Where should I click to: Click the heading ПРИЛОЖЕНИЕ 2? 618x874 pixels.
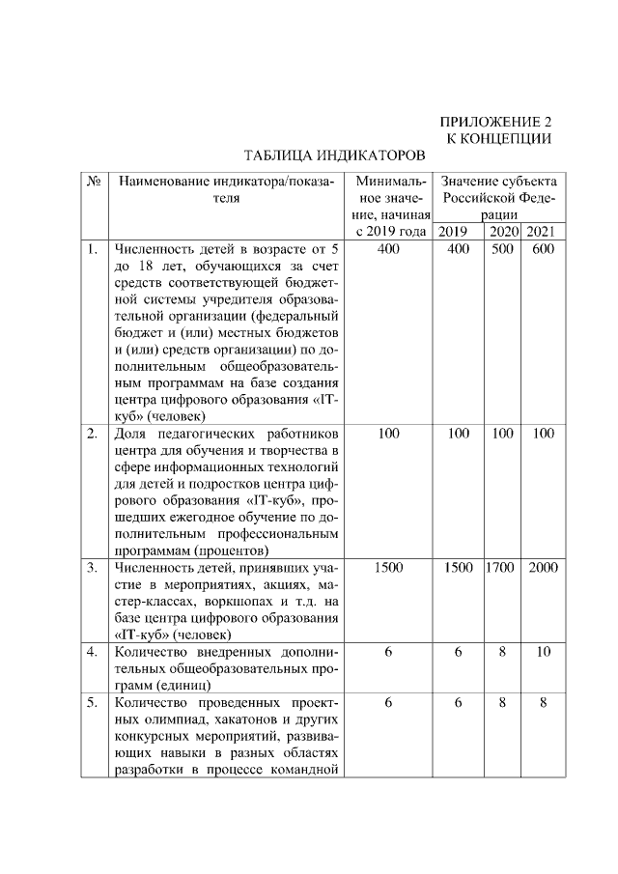495,123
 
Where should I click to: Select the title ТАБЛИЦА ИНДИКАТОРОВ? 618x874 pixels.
333,155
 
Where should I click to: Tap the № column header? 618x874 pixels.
95,182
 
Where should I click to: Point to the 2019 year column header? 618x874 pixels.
452,232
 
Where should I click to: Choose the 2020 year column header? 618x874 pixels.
503,232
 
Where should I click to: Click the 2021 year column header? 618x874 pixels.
542,232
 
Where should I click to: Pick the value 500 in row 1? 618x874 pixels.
502,249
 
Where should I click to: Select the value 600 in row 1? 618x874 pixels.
543,249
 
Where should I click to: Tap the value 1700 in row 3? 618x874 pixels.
502,568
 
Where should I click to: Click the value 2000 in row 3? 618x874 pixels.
543,568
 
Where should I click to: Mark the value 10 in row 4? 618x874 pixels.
543,653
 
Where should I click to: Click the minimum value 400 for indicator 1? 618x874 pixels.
388,249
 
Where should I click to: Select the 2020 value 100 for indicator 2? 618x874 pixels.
502,434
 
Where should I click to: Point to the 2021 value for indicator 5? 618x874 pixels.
543,703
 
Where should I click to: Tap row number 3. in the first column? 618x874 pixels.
93,568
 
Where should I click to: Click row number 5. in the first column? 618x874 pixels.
93,703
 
